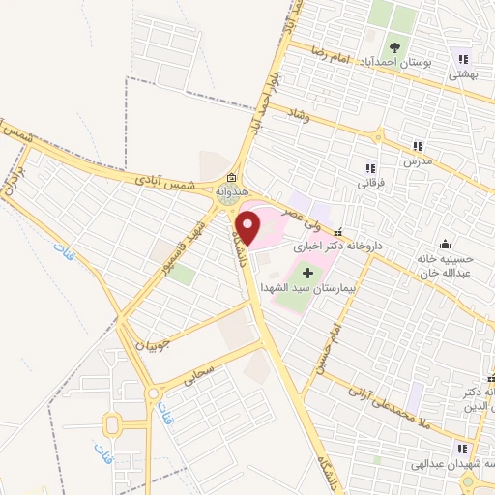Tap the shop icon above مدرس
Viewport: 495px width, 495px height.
(418, 146)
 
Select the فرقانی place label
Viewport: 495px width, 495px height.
(371, 181)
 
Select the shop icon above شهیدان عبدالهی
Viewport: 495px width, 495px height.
(461, 448)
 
